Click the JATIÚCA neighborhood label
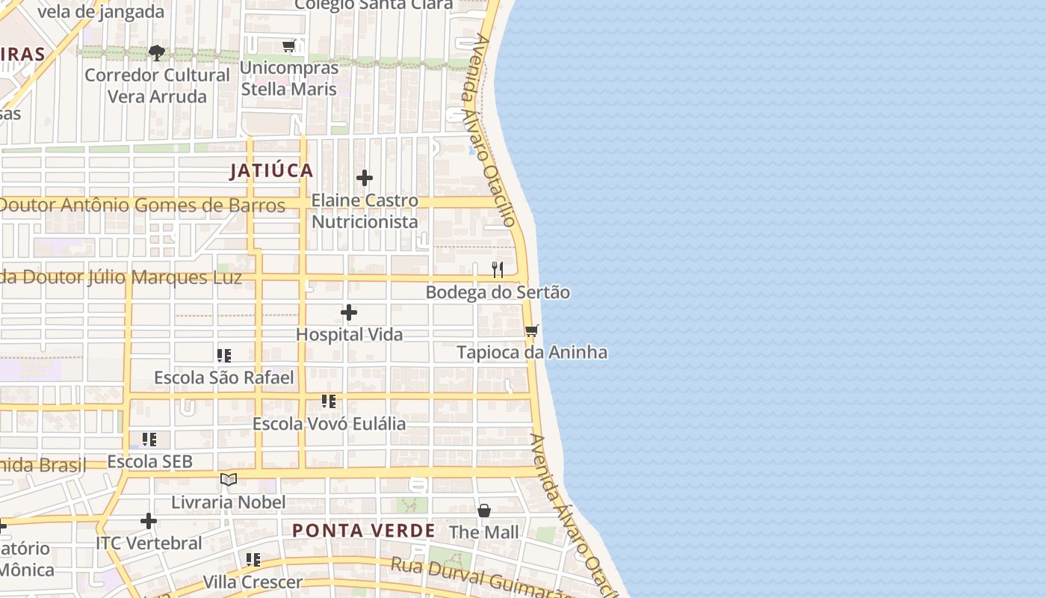click(271, 170)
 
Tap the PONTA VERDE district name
click(363, 531)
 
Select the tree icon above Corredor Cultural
click(157, 52)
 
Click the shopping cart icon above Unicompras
click(289, 46)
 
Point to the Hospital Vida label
click(349, 334)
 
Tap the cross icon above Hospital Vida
click(349, 312)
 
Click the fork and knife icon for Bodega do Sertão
click(498, 270)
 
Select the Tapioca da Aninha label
click(532, 352)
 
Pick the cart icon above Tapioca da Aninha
click(531, 330)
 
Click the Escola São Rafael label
click(224, 377)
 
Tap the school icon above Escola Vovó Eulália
click(329, 401)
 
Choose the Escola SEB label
click(149, 461)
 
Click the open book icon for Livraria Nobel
click(229, 479)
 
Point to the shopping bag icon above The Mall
click(484, 511)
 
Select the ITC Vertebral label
click(149, 543)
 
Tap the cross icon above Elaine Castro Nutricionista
click(365, 178)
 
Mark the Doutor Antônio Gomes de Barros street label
click(142, 205)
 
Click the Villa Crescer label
click(253, 582)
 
